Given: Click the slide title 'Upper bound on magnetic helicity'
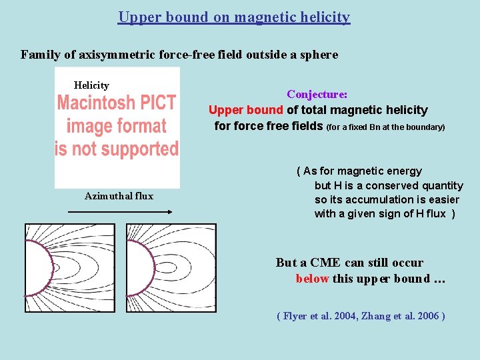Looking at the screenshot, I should (x=234, y=17).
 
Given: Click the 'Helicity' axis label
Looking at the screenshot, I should (x=91, y=85).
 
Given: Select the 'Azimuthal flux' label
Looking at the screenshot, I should (x=119, y=196).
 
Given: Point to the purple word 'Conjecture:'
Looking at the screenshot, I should (x=317, y=95).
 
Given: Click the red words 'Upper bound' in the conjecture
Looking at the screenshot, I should (x=246, y=110).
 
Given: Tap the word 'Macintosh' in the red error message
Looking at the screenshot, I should (x=96, y=103).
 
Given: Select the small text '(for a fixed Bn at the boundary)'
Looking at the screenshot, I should (x=385, y=127).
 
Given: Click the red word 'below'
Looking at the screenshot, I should (x=312, y=279).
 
